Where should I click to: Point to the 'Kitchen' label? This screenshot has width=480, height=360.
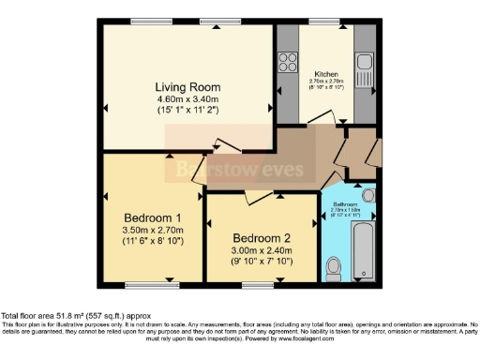(326, 72)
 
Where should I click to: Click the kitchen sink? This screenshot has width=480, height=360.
(366, 67)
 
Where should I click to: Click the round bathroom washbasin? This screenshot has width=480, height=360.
(367, 195)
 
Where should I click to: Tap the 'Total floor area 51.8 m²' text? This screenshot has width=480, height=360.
(75, 317)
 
